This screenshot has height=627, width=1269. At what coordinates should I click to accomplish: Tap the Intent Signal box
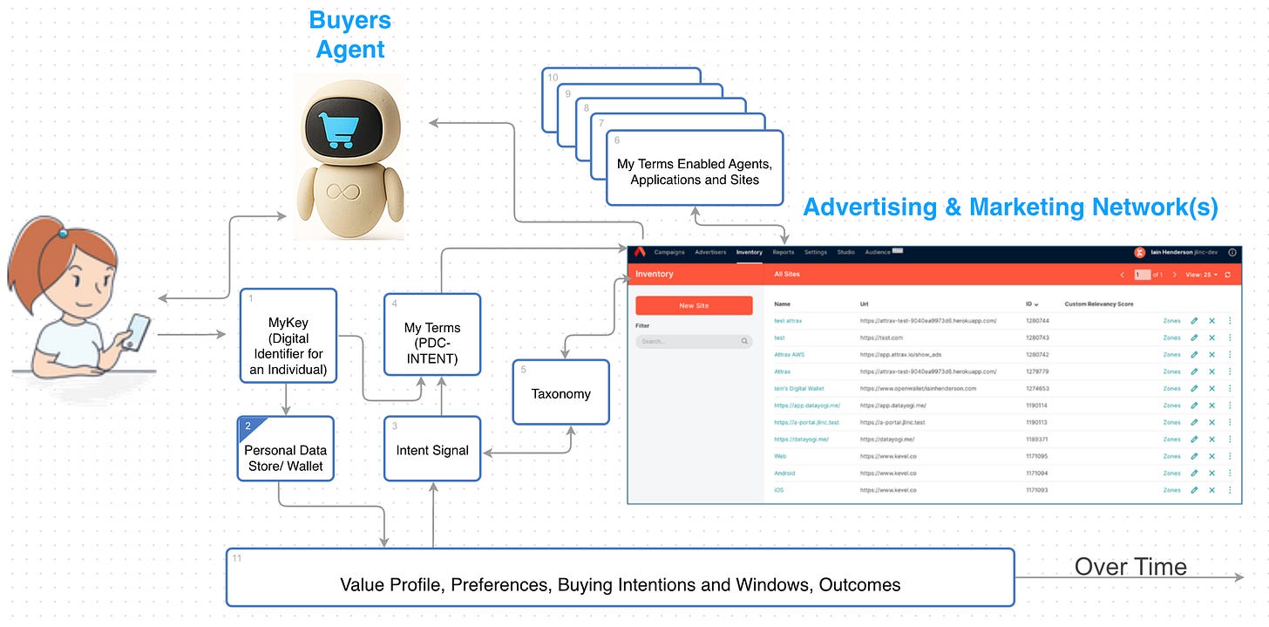[x=432, y=450]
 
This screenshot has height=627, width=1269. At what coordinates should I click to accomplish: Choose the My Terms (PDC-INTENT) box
[x=432, y=336]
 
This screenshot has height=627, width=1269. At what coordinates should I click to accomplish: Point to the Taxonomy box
[x=560, y=393]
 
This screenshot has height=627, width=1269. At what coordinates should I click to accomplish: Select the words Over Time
[x=1130, y=567]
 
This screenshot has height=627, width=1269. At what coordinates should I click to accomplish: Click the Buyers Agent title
[x=350, y=34]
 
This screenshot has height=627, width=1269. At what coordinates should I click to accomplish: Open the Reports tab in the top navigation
[x=783, y=252]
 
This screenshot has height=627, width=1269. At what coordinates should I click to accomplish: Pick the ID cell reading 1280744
[x=1037, y=321]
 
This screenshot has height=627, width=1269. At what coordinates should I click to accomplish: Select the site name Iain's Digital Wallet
[x=798, y=388]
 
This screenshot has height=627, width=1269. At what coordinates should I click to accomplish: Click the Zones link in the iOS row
[x=1171, y=490]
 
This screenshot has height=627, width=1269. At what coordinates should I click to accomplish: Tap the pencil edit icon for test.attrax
[x=1194, y=321]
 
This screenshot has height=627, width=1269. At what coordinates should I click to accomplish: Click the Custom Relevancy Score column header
[x=1098, y=304]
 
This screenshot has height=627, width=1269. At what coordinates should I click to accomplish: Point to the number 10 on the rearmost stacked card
[x=553, y=77]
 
